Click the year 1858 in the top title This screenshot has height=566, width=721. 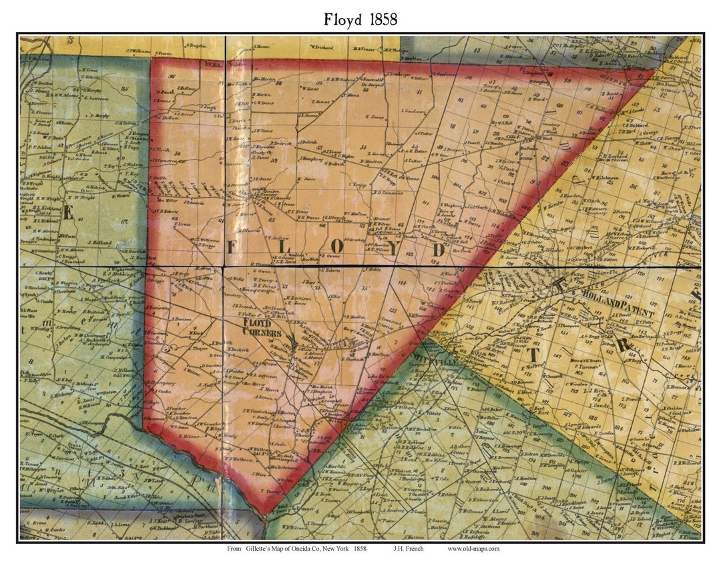click(381, 19)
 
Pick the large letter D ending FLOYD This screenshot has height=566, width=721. click(439, 249)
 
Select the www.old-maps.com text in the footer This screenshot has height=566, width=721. click(473, 549)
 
